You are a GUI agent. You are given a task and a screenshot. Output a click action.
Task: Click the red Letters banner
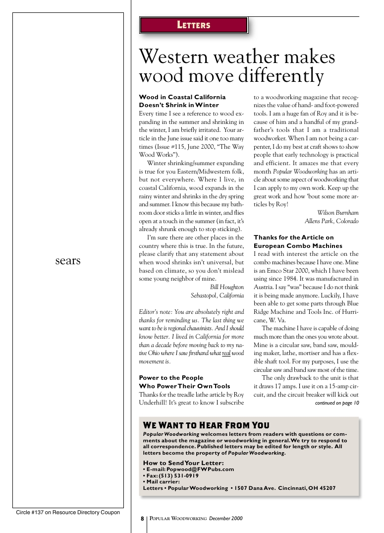point(194,25)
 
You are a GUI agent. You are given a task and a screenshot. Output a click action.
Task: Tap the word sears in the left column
point(68,261)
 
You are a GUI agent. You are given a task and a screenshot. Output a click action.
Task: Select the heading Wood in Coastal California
point(182,97)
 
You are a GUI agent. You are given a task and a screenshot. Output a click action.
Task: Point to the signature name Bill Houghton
point(227,287)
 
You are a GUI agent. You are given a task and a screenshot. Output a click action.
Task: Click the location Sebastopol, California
point(217,296)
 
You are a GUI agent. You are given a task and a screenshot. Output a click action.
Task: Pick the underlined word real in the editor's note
point(225,353)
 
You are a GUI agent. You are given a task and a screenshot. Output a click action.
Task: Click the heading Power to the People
point(171,378)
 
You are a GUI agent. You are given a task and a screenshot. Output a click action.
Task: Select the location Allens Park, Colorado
point(331,221)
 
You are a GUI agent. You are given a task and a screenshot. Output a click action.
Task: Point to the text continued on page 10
point(337,403)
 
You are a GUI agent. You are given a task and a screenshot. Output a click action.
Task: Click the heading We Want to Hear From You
point(206,425)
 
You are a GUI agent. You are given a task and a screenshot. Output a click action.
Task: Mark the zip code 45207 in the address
point(326,488)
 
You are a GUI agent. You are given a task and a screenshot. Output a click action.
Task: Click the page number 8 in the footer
point(142,519)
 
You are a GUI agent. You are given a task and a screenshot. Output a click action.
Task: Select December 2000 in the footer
point(225,519)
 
